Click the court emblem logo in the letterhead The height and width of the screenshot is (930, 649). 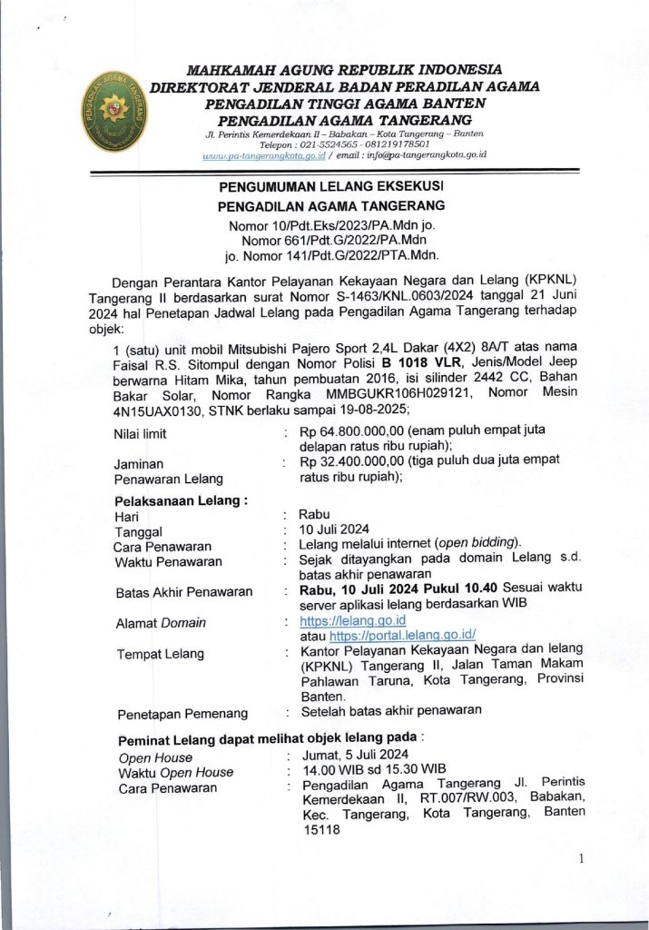[x=113, y=114]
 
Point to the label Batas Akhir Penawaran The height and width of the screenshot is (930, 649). [x=184, y=592]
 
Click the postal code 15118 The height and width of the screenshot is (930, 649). [x=320, y=829]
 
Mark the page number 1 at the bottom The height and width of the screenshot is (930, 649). [x=580, y=859]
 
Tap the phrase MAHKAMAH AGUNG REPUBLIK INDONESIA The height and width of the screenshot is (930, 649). [x=344, y=69]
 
